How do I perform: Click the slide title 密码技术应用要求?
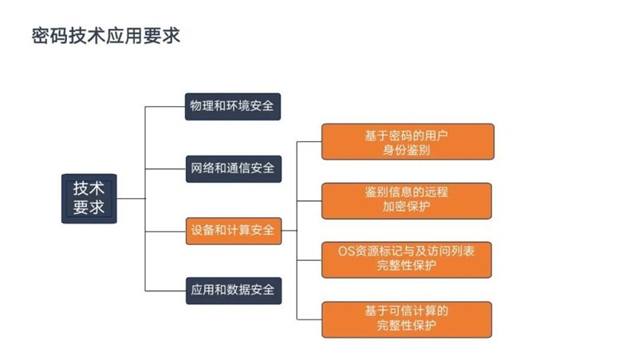(x=105, y=36)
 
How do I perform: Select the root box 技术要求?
(x=89, y=199)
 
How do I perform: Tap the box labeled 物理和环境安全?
(x=233, y=106)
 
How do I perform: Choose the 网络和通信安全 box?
(x=234, y=168)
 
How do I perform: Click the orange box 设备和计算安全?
(x=234, y=231)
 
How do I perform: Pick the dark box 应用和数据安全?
(x=234, y=291)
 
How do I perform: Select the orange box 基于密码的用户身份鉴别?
(x=408, y=142)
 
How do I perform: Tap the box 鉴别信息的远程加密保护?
(x=406, y=201)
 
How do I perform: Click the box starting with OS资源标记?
(x=406, y=259)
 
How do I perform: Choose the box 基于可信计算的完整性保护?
(x=406, y=319)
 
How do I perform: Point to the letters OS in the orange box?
(x=346, y=251)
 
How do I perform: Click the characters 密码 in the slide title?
(x=49, y=36)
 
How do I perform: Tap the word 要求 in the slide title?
(x=162, y=36)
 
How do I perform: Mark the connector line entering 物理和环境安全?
(x=165, y=107)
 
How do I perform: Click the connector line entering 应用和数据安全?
(x=165, y=291)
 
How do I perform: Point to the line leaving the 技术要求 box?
(x=131, y=199)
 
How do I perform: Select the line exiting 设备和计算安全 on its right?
(x=289, y=231)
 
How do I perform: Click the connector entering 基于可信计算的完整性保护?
(x=309, y=319)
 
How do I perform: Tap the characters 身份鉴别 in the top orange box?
(x=406, y=150)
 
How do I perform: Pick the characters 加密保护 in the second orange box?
(x=406, y=206)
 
